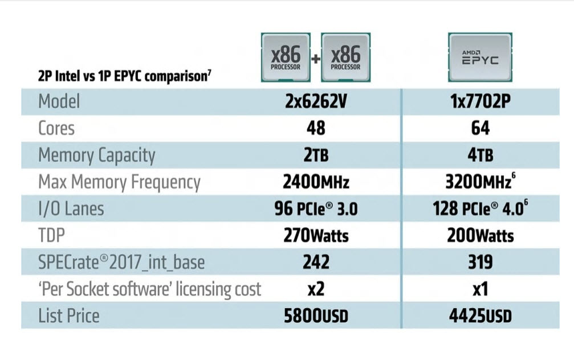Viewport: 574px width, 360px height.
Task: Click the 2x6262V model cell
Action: tap(316, 102)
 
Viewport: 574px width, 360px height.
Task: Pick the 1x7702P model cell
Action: tap(480, 102)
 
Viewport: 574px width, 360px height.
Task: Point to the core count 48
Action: tap(316, 128)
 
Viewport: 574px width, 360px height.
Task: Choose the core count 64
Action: tap(480, 128)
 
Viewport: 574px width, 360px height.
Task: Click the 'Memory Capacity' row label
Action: tap(96, 156)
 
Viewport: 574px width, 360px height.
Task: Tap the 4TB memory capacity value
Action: tap(480, 156)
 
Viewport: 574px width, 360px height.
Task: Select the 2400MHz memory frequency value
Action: tap(316, 182)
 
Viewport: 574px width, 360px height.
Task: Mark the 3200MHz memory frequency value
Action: tap(480, 182)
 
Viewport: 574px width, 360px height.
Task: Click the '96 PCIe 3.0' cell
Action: tap(316, 209)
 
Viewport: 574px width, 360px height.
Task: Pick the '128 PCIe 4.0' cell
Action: tap(480, 209)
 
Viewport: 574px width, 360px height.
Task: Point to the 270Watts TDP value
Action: tap(316, 235)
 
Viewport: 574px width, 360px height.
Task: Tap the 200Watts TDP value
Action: tap(480, 235)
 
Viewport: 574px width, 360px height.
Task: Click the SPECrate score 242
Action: tap(316, 262)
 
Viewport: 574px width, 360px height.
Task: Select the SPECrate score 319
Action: tap(480, 262)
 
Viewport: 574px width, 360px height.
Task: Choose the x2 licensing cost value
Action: tap(316, 289)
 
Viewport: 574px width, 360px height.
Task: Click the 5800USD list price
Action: tap(316, 316)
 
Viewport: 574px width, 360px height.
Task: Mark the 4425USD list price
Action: tap(480, 316)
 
